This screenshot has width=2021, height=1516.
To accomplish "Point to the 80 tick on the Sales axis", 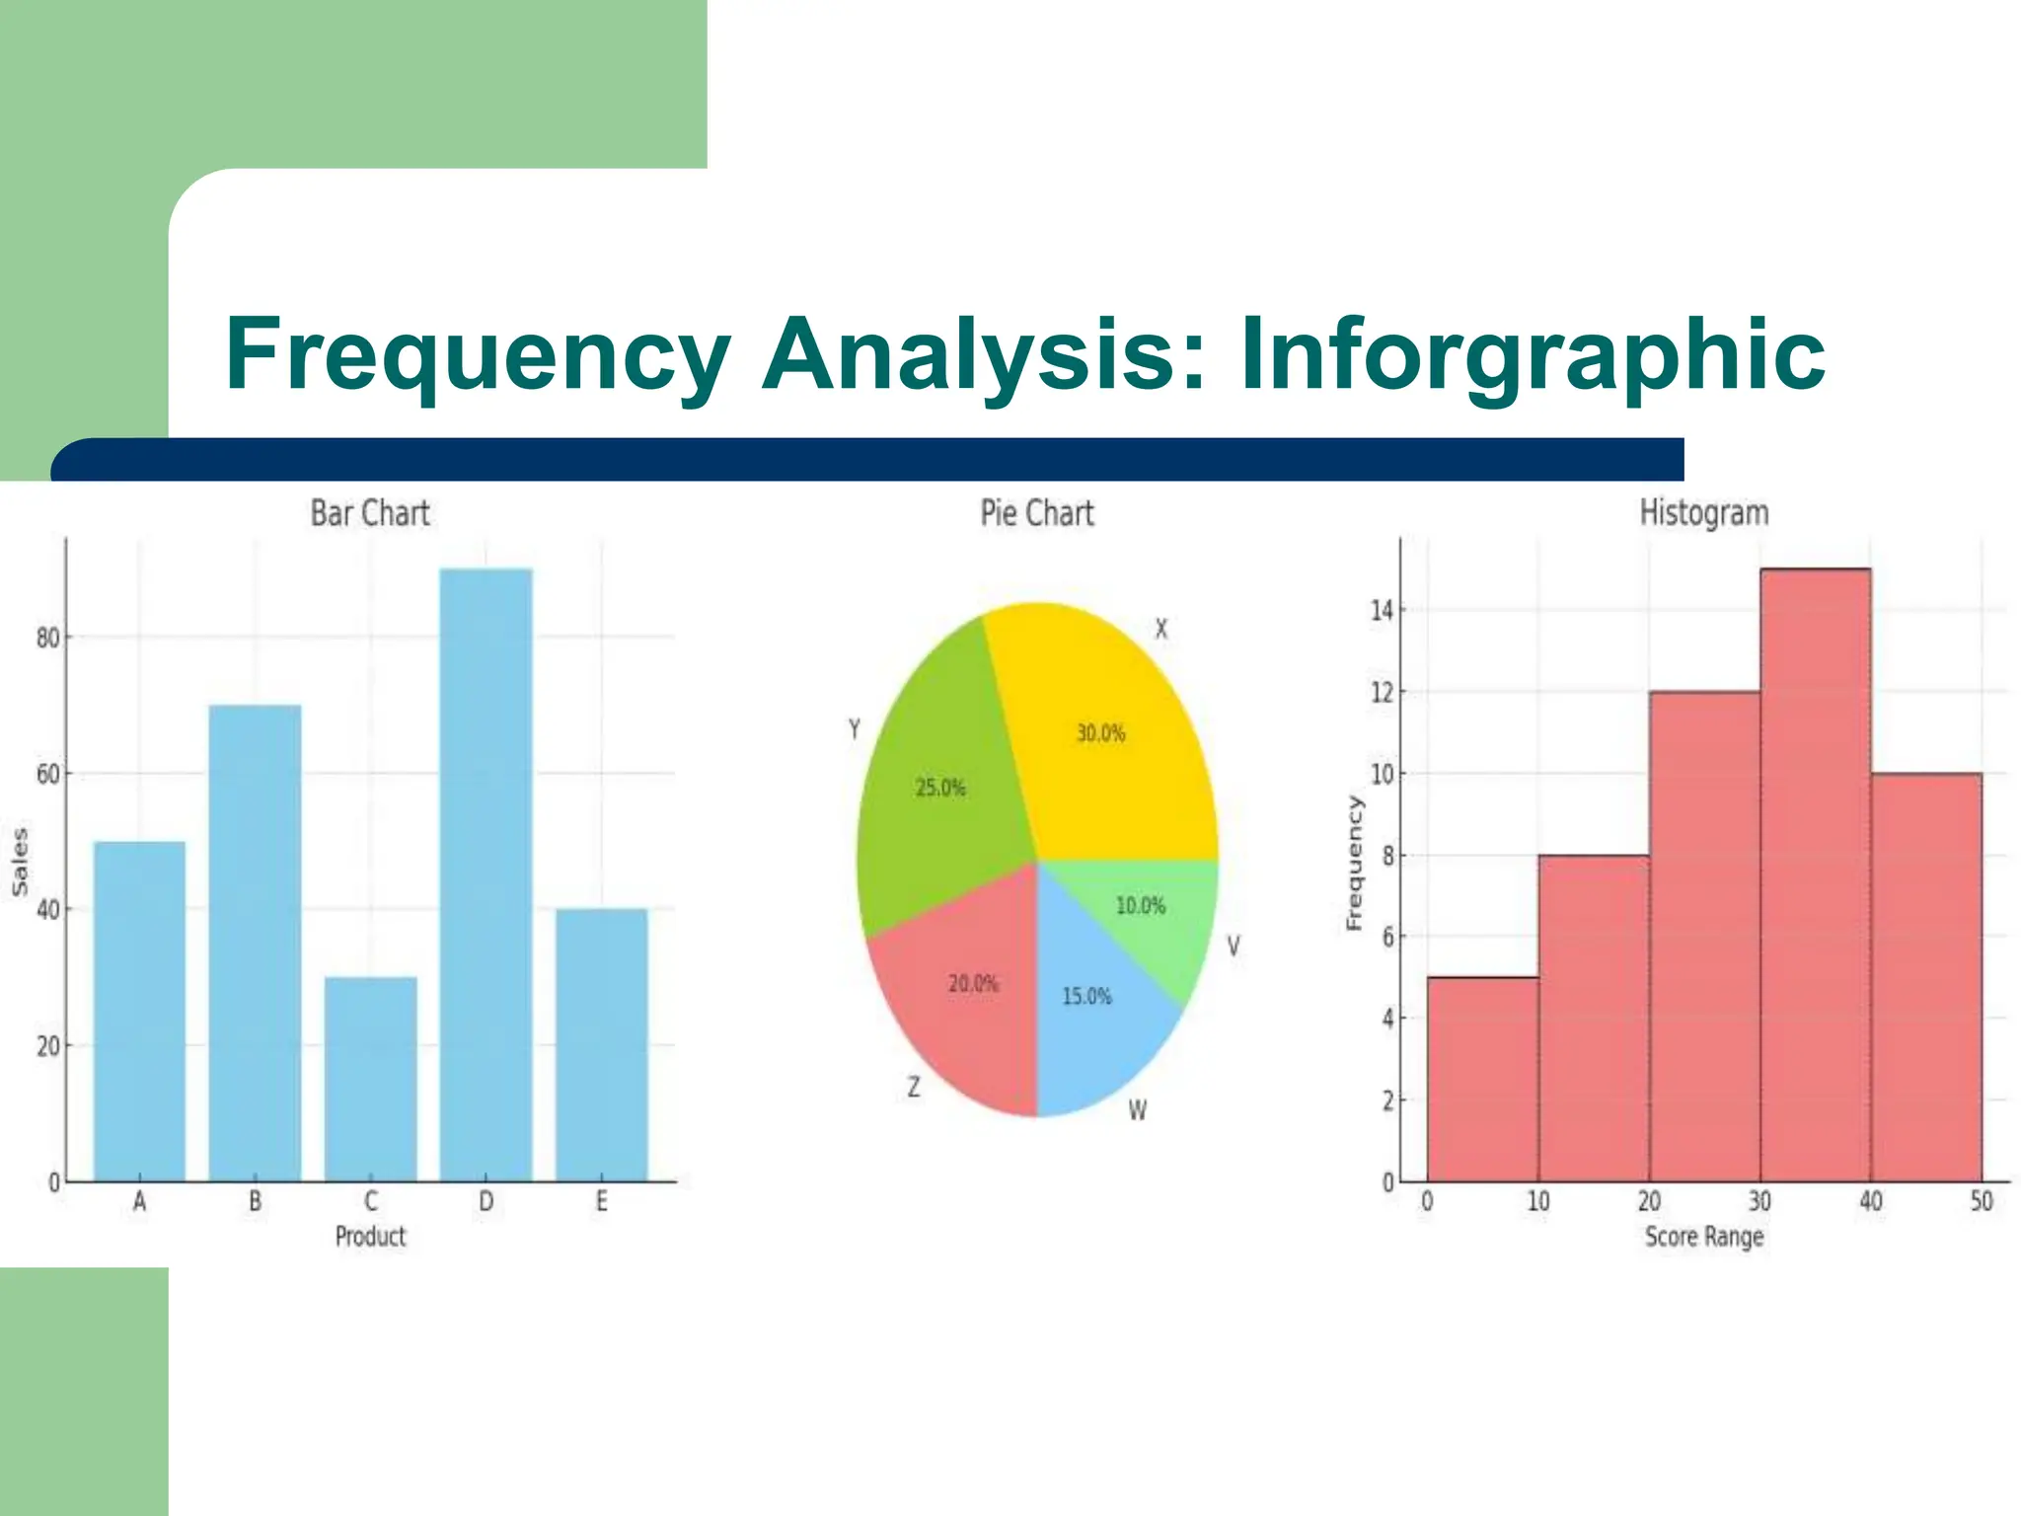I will click(48, 639).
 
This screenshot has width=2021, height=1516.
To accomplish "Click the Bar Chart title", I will click(370, 513).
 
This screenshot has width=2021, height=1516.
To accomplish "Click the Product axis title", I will click(370, 1237).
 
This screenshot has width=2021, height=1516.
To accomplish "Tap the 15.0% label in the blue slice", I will click(1086, 997).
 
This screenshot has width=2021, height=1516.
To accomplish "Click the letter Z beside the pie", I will click(914, 1088).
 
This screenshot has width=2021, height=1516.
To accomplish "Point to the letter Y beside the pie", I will click(855, 729).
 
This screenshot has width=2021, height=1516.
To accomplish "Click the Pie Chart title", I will click(1037, 513).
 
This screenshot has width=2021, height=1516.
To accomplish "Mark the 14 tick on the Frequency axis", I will click(1382, 611).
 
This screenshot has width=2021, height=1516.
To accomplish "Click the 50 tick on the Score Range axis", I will click(1982, 1201).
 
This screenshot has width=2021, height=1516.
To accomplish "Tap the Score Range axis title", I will click(1704, 1237).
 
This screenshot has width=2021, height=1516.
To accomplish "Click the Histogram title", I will click(1704, 513).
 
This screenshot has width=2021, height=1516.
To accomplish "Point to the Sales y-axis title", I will click(20, 862).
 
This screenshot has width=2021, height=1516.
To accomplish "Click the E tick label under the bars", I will click(601, 1201).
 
